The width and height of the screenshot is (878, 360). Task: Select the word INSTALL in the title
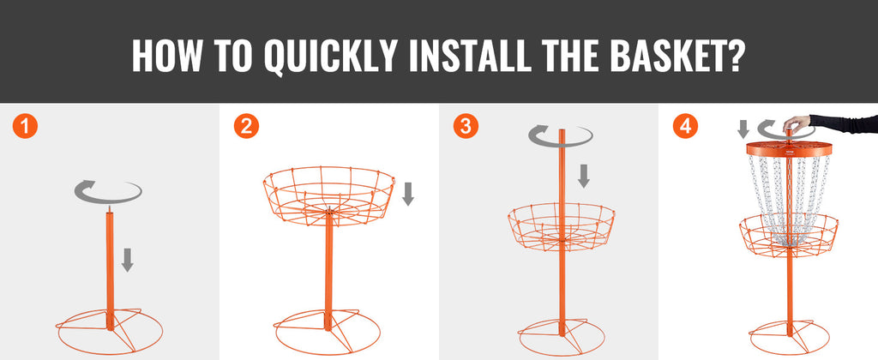coord(471,55)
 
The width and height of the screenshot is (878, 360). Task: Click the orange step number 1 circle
coord(25,127)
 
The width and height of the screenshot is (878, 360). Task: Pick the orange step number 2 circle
coord(246,127)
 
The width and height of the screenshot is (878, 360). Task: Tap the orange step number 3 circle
coord(466,127)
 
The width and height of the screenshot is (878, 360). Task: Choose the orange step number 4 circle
coord(685,127)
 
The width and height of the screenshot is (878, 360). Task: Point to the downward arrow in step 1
coord(128,260)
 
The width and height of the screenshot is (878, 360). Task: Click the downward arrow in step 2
coord(408,194)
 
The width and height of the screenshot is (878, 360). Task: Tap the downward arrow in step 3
coord(583,176)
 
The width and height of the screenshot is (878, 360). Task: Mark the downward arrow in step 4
coord(743,129)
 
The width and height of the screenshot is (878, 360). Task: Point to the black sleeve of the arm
coord(844,123)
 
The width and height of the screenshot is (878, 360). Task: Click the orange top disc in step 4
coord(789,148)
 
